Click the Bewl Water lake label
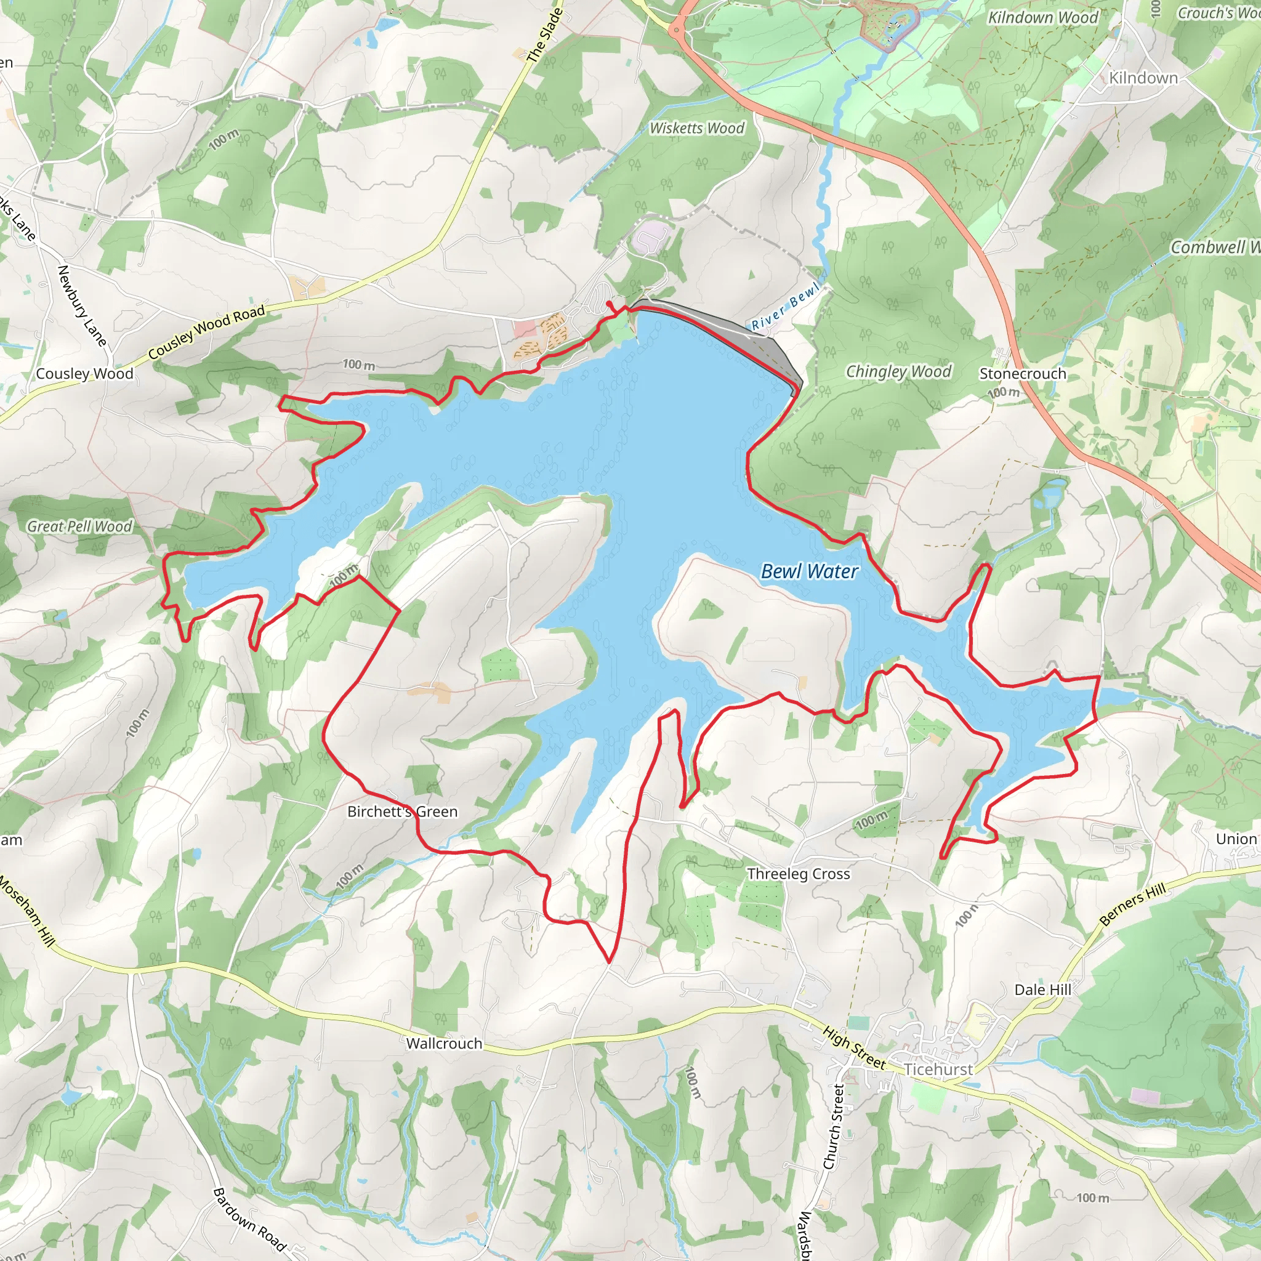809,572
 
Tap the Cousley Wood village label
84,374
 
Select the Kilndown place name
1143,78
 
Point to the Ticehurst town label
938,1069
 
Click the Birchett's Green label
402,812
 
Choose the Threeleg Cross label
798,874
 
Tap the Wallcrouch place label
444,1044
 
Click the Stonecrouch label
1022,374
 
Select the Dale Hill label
1042,989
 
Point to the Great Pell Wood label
79,526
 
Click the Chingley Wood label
898,372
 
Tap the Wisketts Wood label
696,129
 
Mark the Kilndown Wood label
1042,18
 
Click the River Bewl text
785,307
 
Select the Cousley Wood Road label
206,332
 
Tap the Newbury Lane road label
82,305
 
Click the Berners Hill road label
1132,904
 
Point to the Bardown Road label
249,1219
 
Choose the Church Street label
834,1127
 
